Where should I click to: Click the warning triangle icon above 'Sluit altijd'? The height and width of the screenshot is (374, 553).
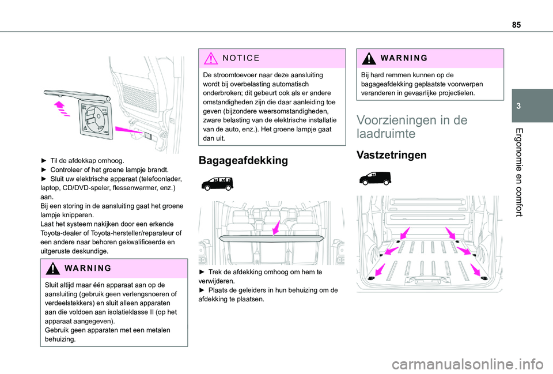coord(53,269)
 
